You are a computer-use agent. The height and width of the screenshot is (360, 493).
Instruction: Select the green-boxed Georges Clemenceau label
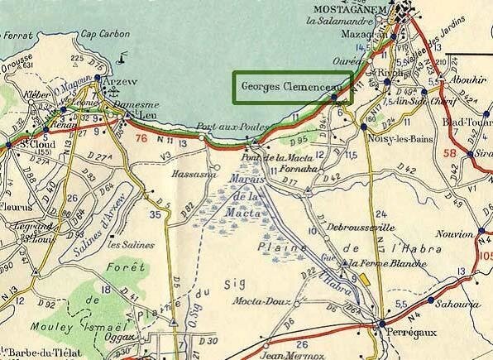click(x=292, y=86)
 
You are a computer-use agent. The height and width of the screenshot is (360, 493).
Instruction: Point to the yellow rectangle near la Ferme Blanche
click(x=361, y=277)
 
